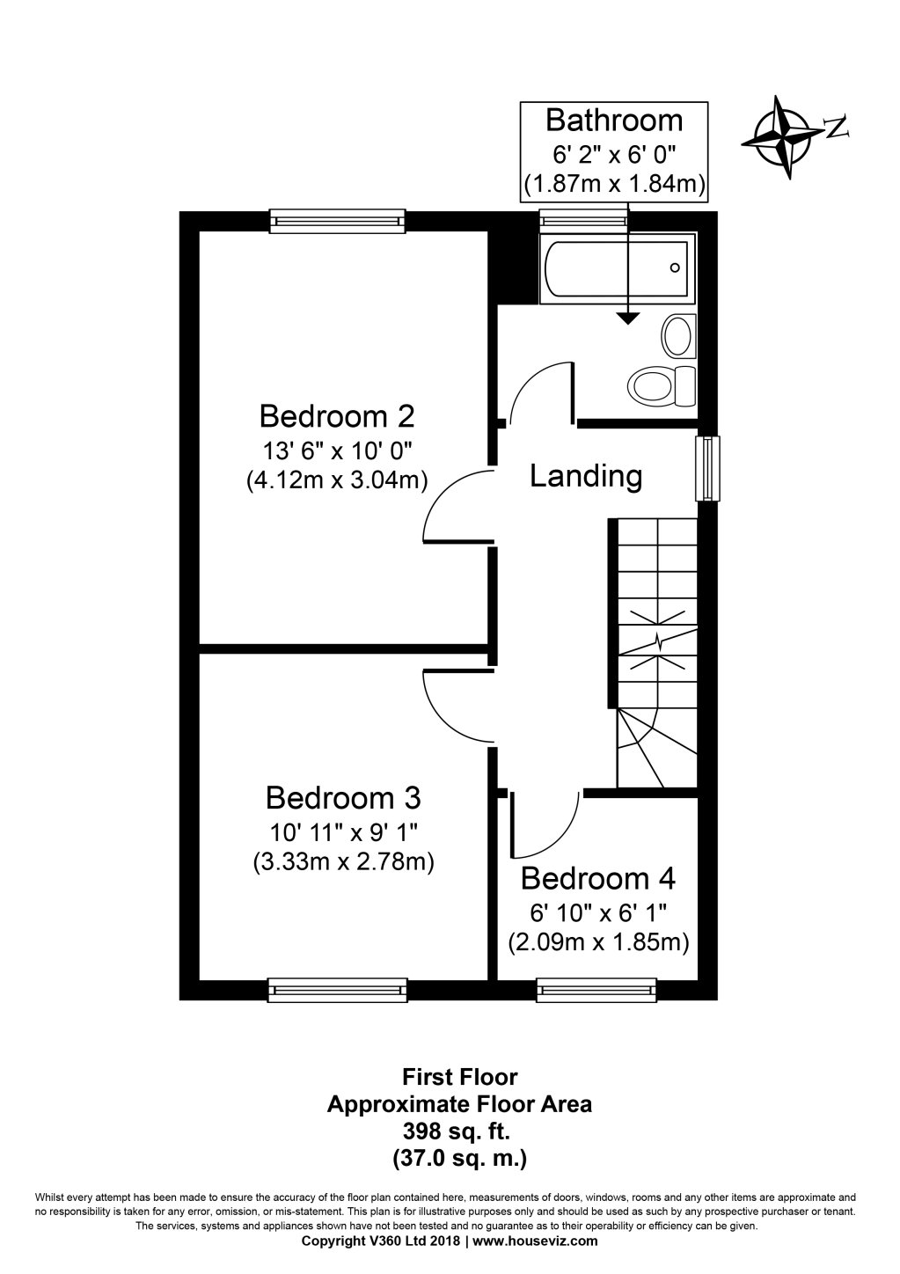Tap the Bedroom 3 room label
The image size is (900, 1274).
pyautogui.click(x=342, y=798)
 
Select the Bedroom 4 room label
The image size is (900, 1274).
pyautogui.click(x=597, y=878)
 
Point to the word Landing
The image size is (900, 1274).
pyautogui.click(x=586, y=476)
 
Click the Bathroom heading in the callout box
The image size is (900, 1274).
pyautogui.click(x=614, y=120)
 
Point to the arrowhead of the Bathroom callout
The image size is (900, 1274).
pyautogui.click(x=627, y=319)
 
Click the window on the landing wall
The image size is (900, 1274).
pyautogui.click(x=707, y=468)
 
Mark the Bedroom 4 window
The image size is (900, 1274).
pyautogui.click(x=597, y=992)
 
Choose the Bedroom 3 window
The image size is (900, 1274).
pyautogui.click(x=338, y=991)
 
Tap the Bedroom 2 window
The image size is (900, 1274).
pyautogui.click(x=338, y=221)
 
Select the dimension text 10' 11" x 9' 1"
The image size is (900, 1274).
pyautogui.click(x=342, y=831)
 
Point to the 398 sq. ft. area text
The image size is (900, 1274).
pyautogui.click(x=459, y=1131)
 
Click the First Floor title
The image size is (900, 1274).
pyautogui.click(x=459, y=1076)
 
